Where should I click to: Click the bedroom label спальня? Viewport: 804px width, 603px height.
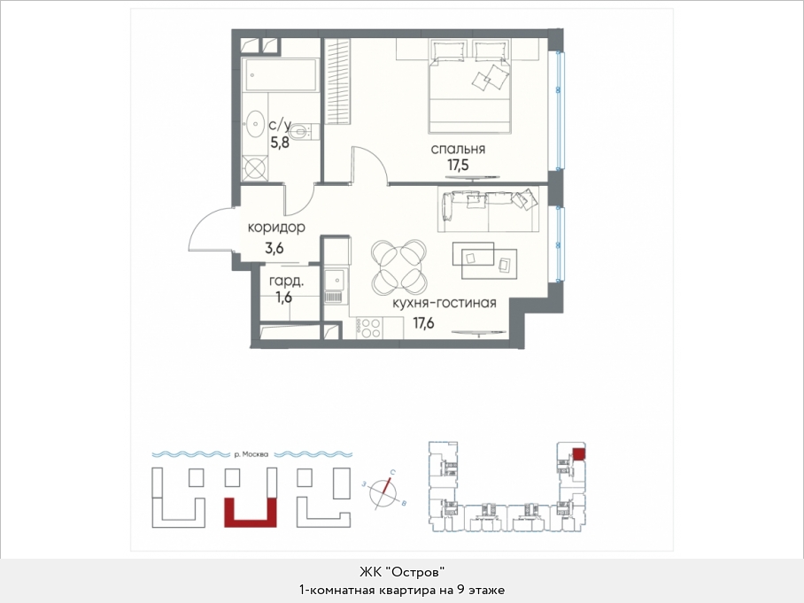458,150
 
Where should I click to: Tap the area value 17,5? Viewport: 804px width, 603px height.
458,165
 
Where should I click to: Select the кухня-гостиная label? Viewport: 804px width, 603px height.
444,303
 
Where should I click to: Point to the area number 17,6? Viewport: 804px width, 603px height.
423,323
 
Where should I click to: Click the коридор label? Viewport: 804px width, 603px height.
276,228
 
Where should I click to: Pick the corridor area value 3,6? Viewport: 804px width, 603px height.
274,249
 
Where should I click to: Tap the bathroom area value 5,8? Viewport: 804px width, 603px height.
280,143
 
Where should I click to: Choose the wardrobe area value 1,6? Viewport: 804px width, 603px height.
283,297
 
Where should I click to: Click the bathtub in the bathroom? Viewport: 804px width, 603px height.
280,75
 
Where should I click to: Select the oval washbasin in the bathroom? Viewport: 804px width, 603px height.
255,123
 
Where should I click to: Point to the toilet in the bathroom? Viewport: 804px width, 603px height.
306,132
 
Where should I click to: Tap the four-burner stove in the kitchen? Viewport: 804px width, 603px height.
368,329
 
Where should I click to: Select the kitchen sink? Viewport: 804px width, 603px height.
336,280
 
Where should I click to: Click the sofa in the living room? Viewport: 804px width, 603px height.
488,209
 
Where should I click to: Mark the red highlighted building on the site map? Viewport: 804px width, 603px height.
251,513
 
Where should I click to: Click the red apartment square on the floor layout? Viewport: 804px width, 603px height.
579,453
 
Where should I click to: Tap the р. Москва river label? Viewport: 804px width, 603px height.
251,454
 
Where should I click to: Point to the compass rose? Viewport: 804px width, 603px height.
383,491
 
